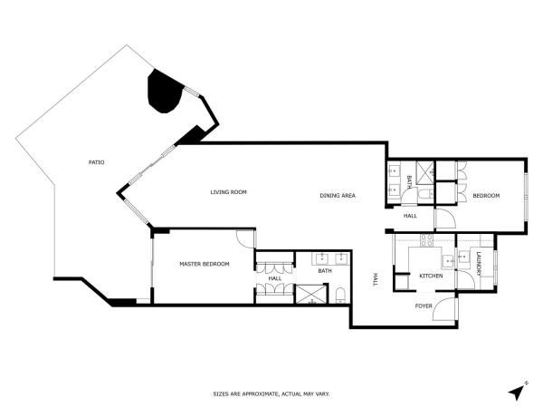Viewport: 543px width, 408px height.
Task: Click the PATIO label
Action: pos(96,162)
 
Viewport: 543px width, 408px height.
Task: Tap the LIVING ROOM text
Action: pos(229,192)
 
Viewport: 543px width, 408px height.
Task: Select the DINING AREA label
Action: pos(338,196)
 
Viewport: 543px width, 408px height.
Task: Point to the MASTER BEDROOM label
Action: pos(205,264)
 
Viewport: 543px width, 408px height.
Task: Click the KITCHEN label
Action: pos(431,277)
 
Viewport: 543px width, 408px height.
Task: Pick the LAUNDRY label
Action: pos(479,264)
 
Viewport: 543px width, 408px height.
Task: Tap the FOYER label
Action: pos(424,306)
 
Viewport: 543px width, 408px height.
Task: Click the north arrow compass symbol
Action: pos(518,392)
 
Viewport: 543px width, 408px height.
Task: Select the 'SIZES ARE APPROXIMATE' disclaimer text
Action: pos(271,394)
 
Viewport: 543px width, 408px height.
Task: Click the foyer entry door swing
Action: pos(444,309)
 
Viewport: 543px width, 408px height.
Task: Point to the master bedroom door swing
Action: pos(246,238)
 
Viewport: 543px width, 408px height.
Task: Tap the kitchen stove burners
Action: pos(426,240)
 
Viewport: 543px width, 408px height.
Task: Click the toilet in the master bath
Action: pos(340,296)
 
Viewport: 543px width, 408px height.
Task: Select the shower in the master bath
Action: pos(311,294)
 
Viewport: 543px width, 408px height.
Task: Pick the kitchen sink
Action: pos(448,261)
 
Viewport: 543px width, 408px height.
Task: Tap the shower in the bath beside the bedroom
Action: pos(425,172)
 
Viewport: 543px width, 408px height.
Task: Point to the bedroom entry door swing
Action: pos(445,219)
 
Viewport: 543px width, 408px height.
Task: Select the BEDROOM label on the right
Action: pos(486,196)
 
